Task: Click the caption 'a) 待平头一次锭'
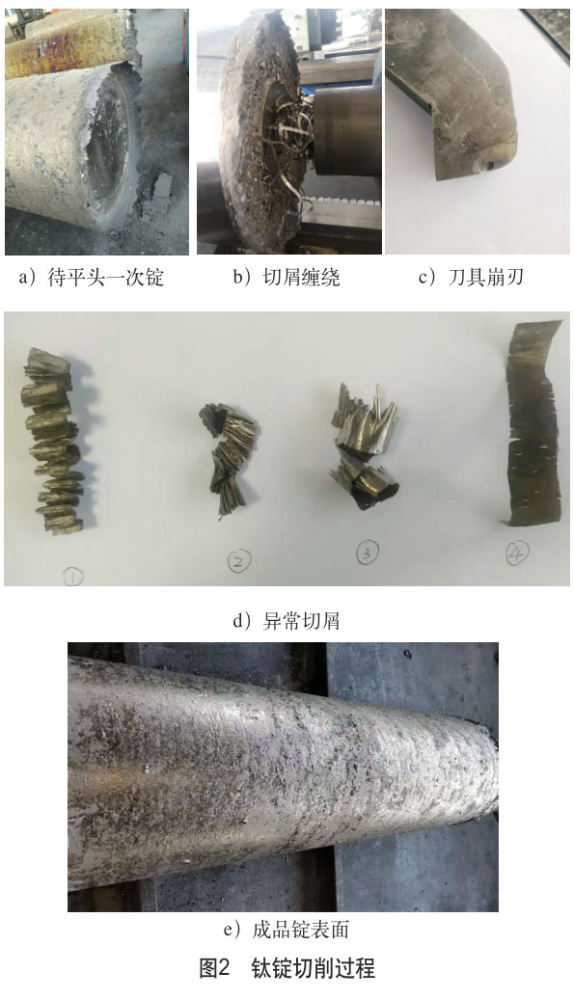pyautogui.click(x=92, y=277)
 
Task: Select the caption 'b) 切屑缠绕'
pyautogui.click(x=287, y=277)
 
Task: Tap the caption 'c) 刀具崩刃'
pyautogui.click(x=471, y=277)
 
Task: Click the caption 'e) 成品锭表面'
pyautogui.click(x=287, y=931)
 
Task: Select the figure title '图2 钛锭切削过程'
pyautogui.click(x=287, y=968)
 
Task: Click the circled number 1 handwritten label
pyautogui.click(x=72, y=578)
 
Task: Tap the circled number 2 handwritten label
pyautogui.click(x=239, y=560)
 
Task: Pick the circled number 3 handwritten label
pyautogui.click(x=367, y=553)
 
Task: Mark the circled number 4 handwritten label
pyautogui.click(x=517, y=553)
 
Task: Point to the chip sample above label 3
pyautogui.click(x=365, y=445)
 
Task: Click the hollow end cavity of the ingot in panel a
pyautogui.click(x=108, y=147)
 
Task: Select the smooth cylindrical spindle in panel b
pyautogui.click(x=348, y=130)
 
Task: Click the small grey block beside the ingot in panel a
pyautogui.click(x=163, y=185)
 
